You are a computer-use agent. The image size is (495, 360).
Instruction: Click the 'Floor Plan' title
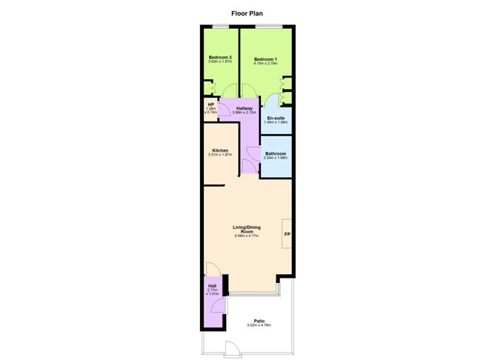click(247, 13)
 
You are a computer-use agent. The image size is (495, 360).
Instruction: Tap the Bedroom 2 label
click(219, 58)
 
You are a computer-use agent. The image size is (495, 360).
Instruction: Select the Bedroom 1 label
click(265, 59)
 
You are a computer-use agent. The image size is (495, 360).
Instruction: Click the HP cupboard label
click(210, 105)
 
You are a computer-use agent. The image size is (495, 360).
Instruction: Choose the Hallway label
click(244, 108)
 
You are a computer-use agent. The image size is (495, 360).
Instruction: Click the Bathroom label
click(276, 153)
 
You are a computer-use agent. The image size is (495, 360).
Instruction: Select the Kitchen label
click(220, 150)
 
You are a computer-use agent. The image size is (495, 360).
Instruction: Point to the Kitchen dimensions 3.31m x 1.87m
click(220, 155)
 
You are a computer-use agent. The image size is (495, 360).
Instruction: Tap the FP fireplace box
click(287, 236)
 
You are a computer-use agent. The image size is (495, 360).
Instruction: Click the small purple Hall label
click(212, 286)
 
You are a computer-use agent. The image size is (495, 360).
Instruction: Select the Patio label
click(259, 321)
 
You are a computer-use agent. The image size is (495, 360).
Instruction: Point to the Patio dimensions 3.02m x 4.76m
click(259, 325)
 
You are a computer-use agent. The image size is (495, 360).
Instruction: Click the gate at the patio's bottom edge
click(230, 348)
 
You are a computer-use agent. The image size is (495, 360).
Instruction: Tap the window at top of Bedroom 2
click(219, 27)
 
